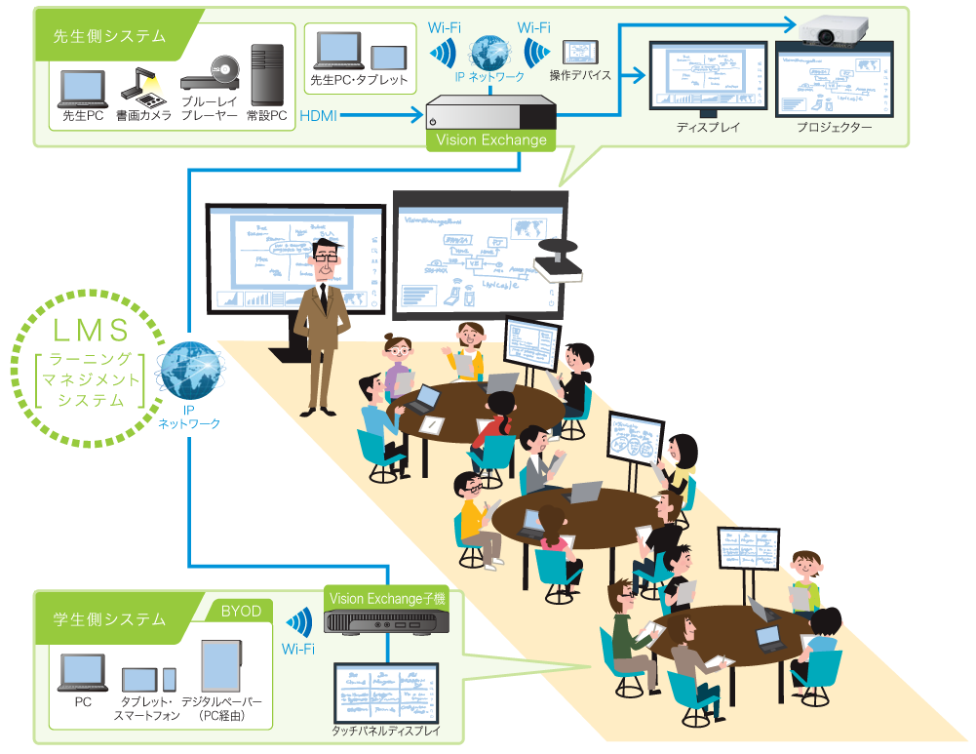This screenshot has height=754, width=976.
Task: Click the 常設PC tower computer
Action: pyautogui.click(x=266, y=74)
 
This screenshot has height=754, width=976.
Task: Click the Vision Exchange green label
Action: pyautogui.click(x=491, y=139)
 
